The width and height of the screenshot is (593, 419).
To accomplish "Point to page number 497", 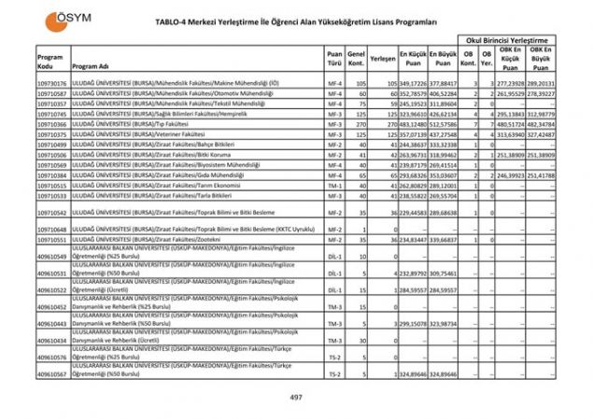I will click(x=297, y=398).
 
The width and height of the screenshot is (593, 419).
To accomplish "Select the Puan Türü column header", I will click(x=334, y=57).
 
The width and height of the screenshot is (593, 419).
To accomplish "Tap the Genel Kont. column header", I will click(x=355, y=57).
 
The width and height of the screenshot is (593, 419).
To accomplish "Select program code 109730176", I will click(x=52, y=83).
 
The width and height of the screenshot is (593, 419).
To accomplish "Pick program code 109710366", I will click(x=52, y=124).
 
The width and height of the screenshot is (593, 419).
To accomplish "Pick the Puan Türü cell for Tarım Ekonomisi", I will click(x=334, y=185).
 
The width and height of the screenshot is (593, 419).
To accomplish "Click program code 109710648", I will click(x=52, y=229).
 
